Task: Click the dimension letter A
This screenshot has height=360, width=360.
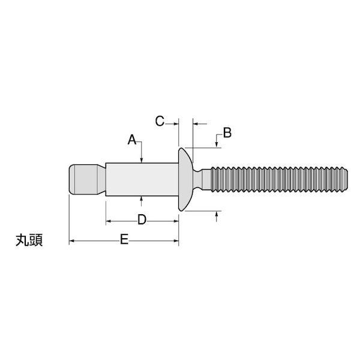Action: [x=132, y=140]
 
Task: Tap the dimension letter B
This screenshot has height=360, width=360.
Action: [x=227, y=133]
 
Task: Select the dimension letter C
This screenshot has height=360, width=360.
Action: [x=160, y=121]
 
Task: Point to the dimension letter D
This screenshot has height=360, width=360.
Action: [x=142, y=220]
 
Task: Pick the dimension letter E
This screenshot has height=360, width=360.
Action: [x=124, y=239]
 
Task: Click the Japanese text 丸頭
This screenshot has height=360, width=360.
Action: [x=29, y=241]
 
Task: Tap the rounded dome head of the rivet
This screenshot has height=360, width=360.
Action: [x=185, y=179]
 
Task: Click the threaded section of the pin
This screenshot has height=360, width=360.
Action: [x=279, y=179]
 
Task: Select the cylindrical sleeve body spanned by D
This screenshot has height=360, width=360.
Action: [x=142, y=179]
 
